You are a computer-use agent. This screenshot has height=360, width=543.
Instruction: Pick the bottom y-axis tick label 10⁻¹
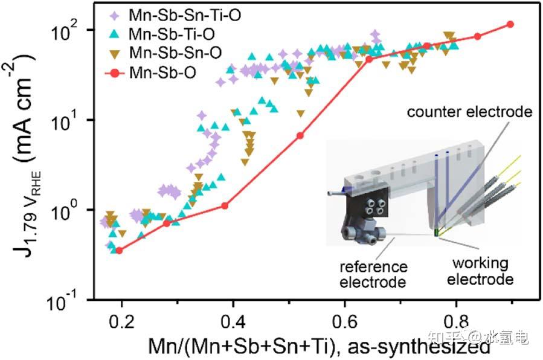tap(74, 299)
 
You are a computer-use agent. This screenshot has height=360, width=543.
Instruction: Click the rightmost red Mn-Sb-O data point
tap(510, 24)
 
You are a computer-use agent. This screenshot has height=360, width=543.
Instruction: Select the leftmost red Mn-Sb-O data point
tap(119, 250)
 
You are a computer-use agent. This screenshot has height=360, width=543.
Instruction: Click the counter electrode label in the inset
tap(469, 112)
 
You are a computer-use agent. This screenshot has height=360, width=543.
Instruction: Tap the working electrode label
tap(481, 271)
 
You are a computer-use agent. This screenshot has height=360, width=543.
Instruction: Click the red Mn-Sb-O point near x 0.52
tap(300, 135)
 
